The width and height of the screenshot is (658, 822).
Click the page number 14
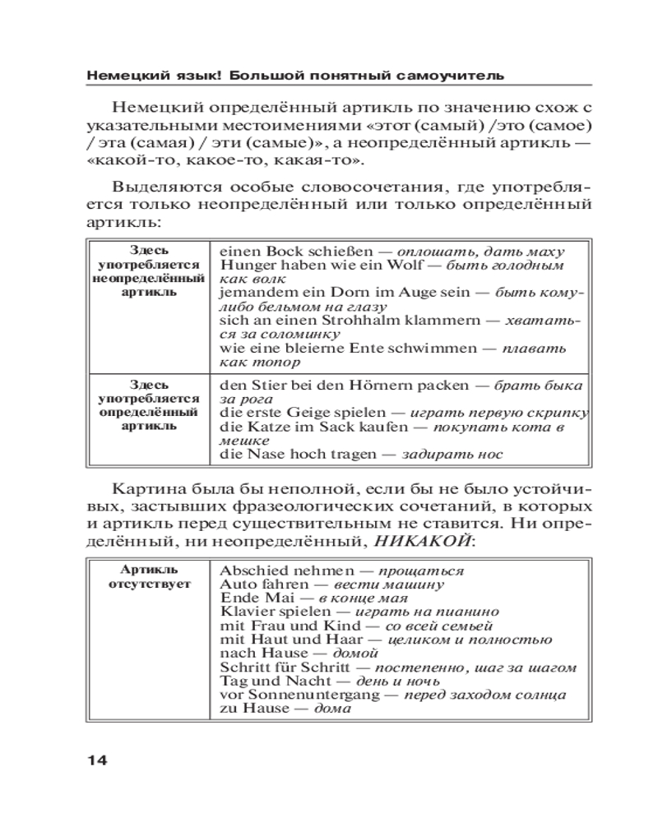pos(96,759)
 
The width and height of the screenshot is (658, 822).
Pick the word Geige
pos(299,413)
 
